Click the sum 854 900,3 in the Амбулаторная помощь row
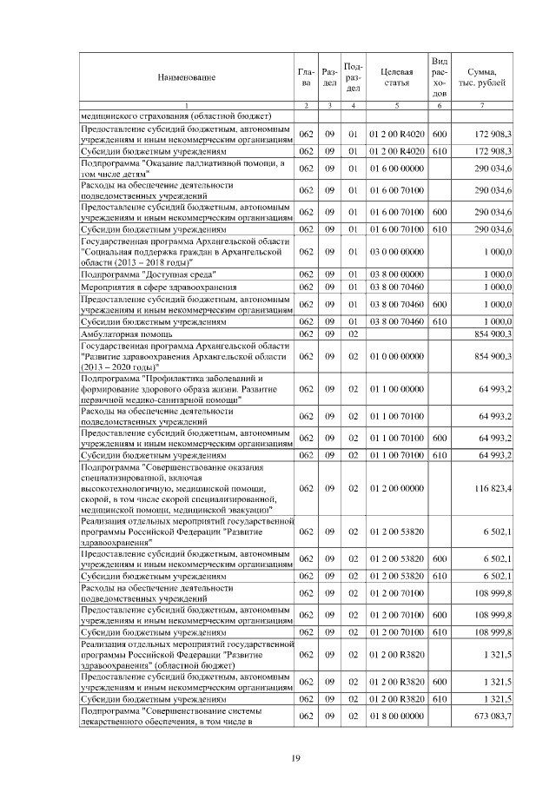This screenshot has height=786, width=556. (492, 333)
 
